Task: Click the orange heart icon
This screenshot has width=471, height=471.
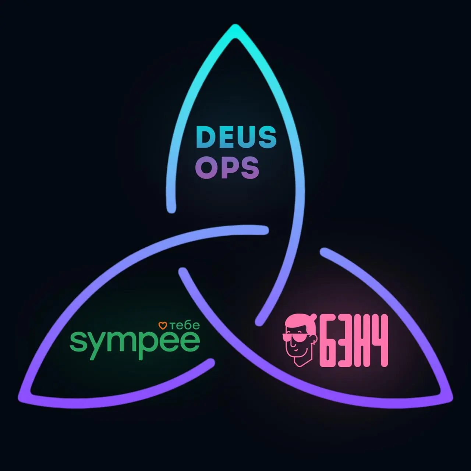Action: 163,326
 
